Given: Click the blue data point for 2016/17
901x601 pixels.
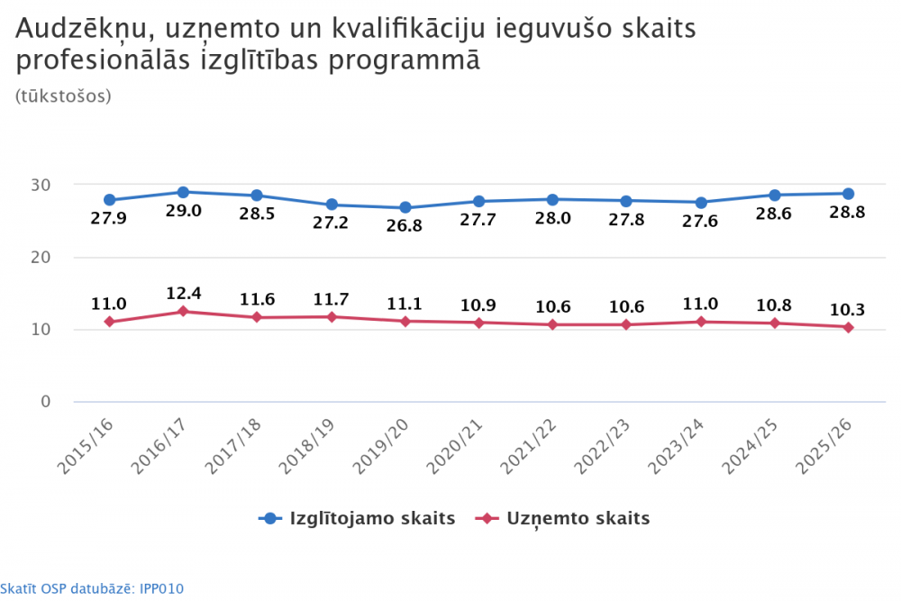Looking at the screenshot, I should pos(183,192).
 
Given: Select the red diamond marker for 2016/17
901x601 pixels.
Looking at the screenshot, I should pos(183,311).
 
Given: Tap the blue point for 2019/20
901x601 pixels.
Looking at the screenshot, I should pos(405,207).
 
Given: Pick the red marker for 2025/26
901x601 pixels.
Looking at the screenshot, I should pos(848,327).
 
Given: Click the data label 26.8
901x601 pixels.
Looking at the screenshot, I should pos(405,226).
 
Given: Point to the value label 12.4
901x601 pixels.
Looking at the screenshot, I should pos(183,293).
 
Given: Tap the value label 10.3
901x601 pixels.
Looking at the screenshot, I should pos(848,310).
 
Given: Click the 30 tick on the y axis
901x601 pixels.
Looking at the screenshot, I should pos(39,185).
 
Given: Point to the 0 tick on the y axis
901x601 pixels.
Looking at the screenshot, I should pos(44,401).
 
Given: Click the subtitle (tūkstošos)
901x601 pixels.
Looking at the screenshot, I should pos(63,96).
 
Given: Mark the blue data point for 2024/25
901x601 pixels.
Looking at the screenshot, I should pos(774,195).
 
